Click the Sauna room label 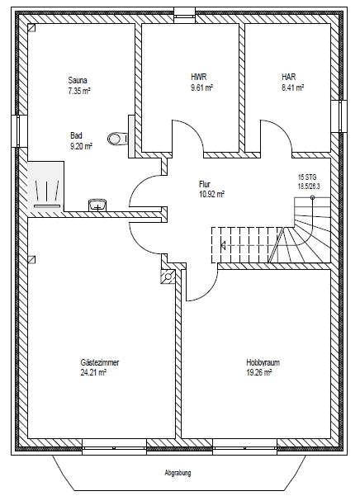[78, 80]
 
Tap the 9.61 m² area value [201, 87]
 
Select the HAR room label [289, 77]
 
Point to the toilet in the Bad [118, 139]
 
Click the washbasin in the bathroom [97, 205]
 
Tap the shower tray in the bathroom [46, 187]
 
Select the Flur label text [205, 184]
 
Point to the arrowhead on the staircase [223, 245]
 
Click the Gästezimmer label [100, 362]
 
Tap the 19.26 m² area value [259, 373]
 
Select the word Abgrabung [178, 473]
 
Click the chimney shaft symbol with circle [168, 276]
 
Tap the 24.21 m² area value [93, 373]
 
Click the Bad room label [76, 135]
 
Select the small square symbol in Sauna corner [31, 28]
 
